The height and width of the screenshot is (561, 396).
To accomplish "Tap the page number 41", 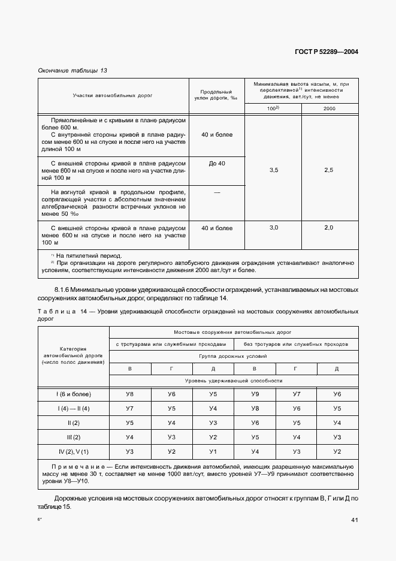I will point(354,520).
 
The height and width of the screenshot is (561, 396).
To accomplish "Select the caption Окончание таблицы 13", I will point(72,71).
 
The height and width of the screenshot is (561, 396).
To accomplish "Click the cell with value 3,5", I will point(274,171).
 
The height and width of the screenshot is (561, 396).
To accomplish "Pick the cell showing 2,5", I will point(329,171).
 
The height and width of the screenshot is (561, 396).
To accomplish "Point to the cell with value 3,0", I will point(274,228).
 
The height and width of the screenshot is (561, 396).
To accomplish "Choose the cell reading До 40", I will point(217,164).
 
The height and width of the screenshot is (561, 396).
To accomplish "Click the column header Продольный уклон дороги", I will point(217,95).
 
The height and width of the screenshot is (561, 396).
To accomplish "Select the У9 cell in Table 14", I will point(255,394).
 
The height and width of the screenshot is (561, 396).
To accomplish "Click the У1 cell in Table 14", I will point(213,451).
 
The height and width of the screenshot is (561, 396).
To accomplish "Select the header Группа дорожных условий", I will point(234,356).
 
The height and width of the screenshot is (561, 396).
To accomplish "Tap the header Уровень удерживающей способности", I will point(234,381).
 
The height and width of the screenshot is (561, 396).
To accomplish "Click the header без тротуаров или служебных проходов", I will point(296,344).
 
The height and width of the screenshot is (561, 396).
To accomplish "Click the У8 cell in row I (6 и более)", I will point(129,394).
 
